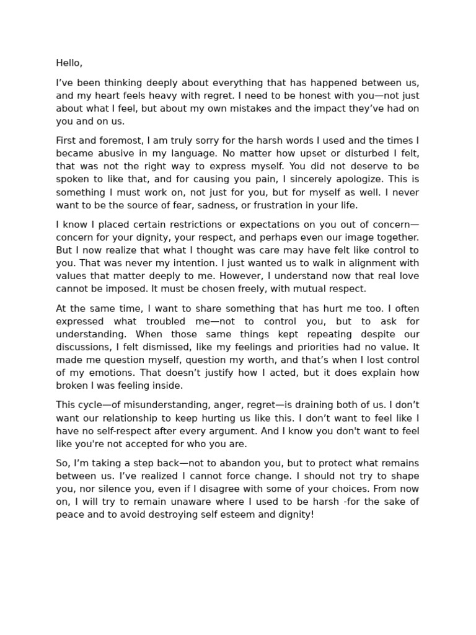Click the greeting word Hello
(x=68, y=63)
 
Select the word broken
(x=71, y=386)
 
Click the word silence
(x=117, y=489)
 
